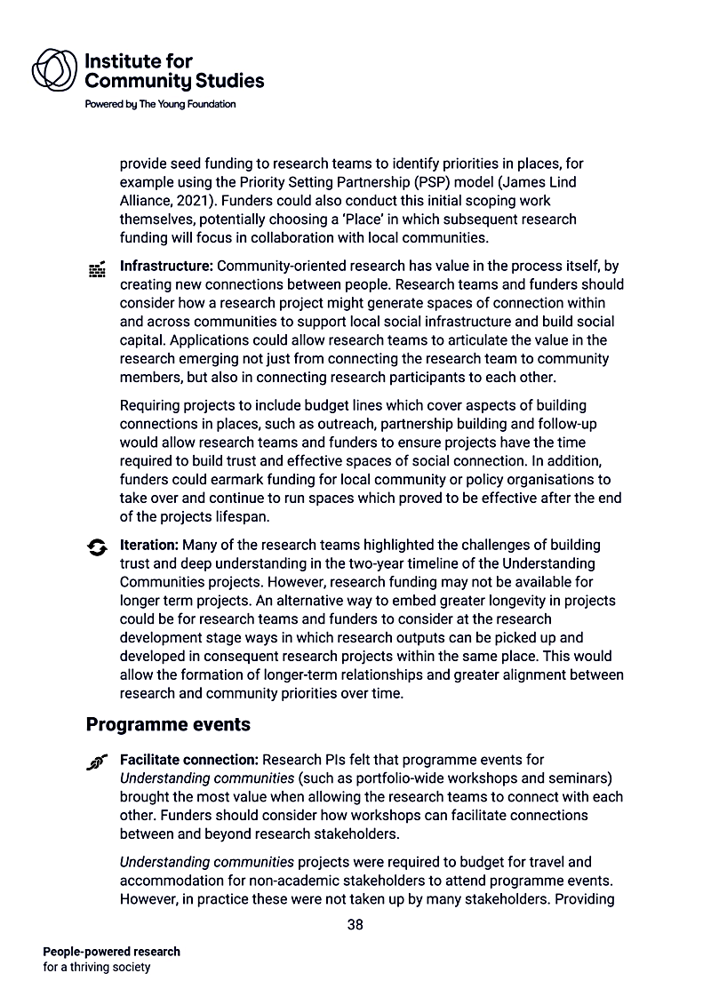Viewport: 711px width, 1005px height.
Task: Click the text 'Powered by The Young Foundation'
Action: [x=160, y=104]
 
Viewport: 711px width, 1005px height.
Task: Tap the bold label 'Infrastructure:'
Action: [x=167, y=266]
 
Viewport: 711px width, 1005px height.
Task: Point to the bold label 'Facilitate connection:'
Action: [x=189, y=760]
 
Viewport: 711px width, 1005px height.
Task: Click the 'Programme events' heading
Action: [x=168, y=725]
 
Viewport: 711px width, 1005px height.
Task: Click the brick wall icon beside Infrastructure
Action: [x=98, y=269]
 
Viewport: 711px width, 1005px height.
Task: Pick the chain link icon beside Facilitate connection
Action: [x=98, y=762]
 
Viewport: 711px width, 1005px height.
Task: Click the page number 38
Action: [x=355, y=924]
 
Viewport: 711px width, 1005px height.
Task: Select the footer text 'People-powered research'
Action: [x=111, y=952]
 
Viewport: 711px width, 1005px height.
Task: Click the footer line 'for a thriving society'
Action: [x=97, y=967]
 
